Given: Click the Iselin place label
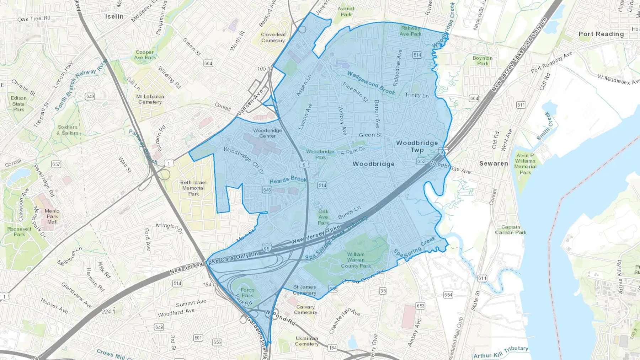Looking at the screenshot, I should click(114, 16).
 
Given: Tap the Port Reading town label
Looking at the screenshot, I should click(601, 34).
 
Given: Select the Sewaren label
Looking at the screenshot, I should click(494, 163).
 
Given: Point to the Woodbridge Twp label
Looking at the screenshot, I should click(417, 146).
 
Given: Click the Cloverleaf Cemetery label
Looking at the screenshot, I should click(273, 37).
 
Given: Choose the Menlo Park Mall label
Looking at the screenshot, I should click(52, 216).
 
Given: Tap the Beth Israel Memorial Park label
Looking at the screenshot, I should click(193, 188).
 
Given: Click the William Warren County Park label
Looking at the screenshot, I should click(356, 260).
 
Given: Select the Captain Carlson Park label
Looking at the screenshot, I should click(511, 230).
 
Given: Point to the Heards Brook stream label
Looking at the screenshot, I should click(288, 179).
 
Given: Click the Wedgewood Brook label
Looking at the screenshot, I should click(371, 83).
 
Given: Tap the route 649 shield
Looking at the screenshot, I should click(90, 96).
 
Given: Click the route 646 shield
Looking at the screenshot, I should click(267, 190).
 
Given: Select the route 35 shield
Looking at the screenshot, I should click(383, 291).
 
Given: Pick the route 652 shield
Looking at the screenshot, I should click(421, 161).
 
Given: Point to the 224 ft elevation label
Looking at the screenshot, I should click(108, 311).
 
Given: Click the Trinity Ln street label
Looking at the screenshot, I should click(417, 95).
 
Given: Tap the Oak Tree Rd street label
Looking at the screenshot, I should click(34, 18).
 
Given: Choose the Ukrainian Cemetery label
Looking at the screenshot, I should click(306, 341).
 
